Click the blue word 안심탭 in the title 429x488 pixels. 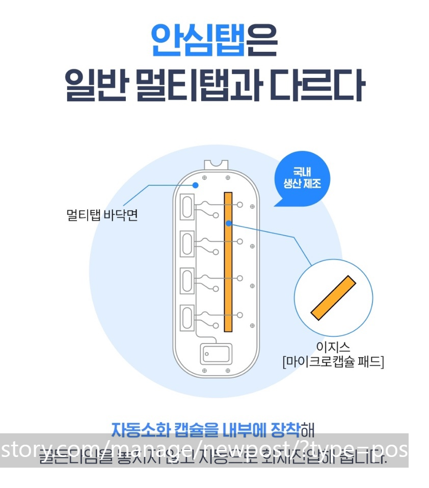[198, 40]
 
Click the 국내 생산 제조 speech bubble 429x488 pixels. [302, 179]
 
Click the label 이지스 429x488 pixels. [333, 347]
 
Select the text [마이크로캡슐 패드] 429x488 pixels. [333, 362]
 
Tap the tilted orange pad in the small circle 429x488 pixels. [333, 298]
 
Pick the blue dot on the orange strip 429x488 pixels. [229, 223]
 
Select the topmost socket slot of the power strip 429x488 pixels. [187, 208]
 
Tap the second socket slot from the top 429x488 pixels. [187, 244]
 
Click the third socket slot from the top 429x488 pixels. [187, 281]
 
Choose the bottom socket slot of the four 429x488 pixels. [187, 318]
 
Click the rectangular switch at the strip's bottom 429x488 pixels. [216, 353]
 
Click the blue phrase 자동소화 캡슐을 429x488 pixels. [166, 430]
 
